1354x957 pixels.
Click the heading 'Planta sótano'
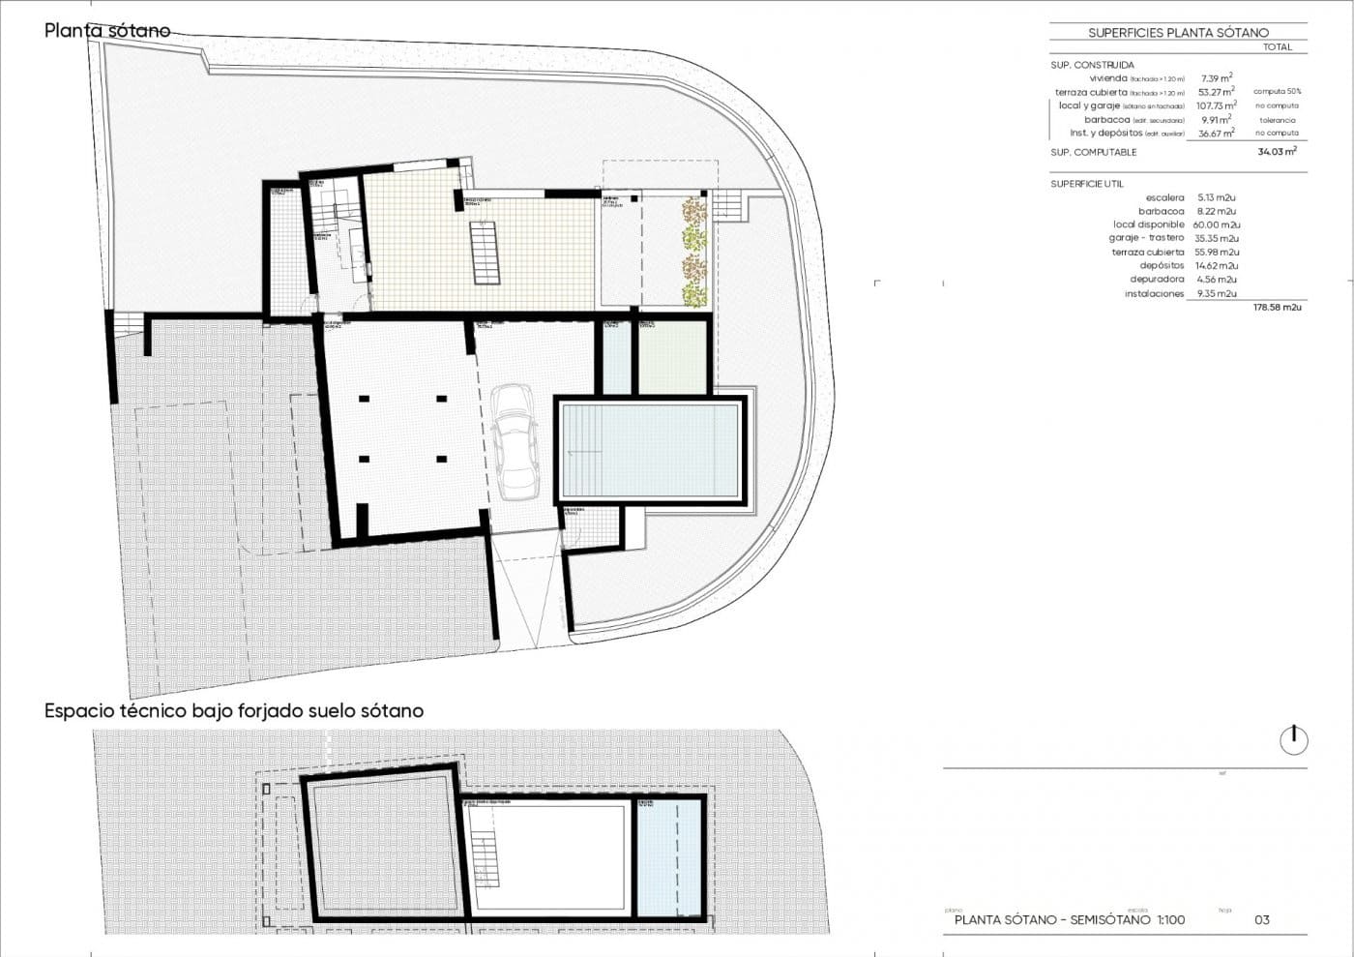coord(106,31)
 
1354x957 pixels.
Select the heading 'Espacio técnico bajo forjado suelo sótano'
coord(234,710)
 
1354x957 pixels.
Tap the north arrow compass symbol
coord(1293,740)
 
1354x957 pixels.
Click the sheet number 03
coord(1261,920)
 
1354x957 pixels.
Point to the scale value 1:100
coord(1170,920)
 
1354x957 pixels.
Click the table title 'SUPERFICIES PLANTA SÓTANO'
coord(1177,33)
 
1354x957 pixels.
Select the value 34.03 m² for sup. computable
coord(1277,152)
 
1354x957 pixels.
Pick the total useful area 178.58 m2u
coord(1277,307)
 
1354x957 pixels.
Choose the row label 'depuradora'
coord(1157,280)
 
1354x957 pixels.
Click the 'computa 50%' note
coord(1277,92)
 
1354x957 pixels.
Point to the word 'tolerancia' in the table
coord(1277,120)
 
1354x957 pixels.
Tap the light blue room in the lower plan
coord(668,857)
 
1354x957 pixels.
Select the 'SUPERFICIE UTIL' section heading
coord(1087,183)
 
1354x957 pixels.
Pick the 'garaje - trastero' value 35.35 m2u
coord(1217,238)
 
